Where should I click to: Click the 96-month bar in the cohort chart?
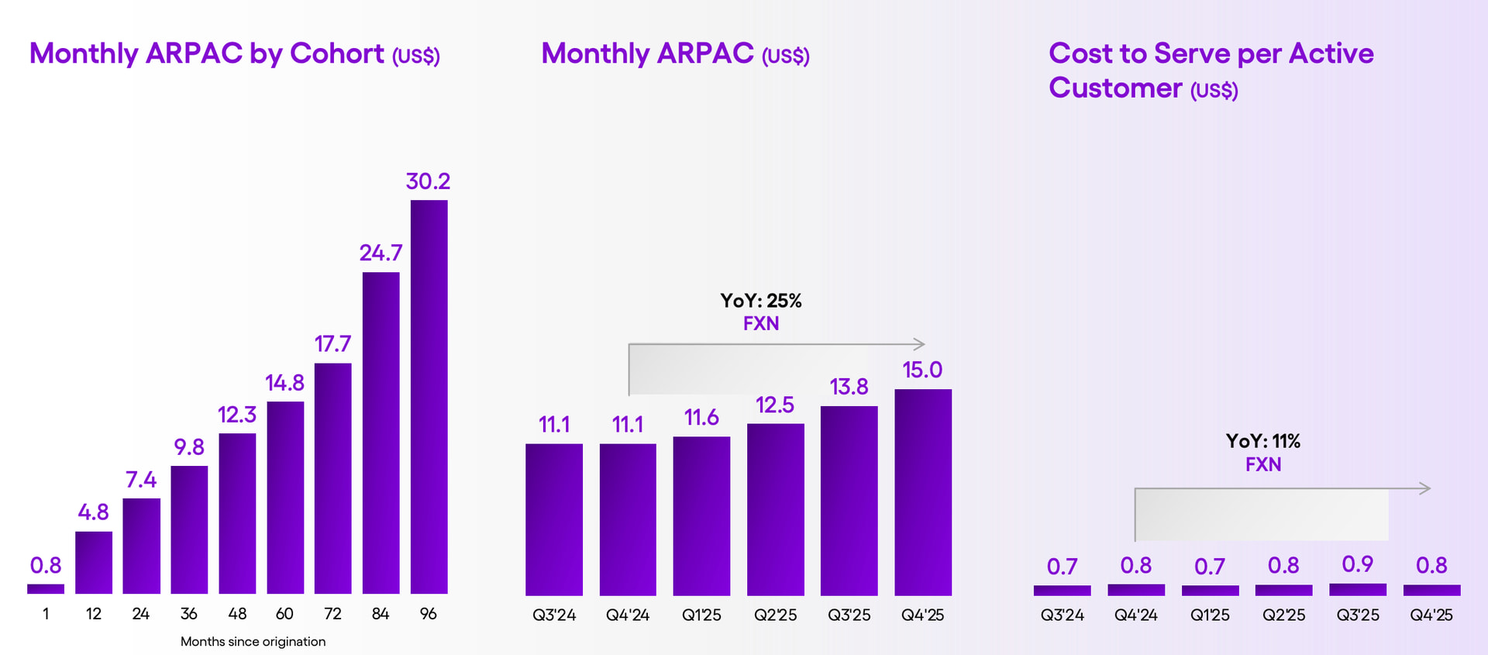(429, 397)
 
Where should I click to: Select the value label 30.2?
(428, 181)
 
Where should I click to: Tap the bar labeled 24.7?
(381, 433)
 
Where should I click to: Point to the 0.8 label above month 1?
(46, 565)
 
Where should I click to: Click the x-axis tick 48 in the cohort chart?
(237, 614)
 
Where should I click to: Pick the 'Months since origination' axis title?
(253, 642)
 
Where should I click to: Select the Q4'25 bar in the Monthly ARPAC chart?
(922, 492)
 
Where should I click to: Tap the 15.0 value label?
(922, 370)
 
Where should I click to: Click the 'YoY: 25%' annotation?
(760, 301)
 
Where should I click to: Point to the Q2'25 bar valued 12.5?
(775, 509)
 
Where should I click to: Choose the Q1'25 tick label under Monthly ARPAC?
(701, 615)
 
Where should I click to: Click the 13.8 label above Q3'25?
(849, 387)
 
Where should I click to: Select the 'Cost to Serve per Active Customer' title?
(1211, 71)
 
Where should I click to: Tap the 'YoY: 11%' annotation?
(1262, 441)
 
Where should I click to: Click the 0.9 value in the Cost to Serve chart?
(1357, 564)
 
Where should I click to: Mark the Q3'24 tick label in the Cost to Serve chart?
(1062, 615)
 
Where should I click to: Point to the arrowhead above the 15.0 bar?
(920, 343)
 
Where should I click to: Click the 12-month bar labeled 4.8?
(94, 562)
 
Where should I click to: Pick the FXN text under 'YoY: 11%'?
(1262, 464)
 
